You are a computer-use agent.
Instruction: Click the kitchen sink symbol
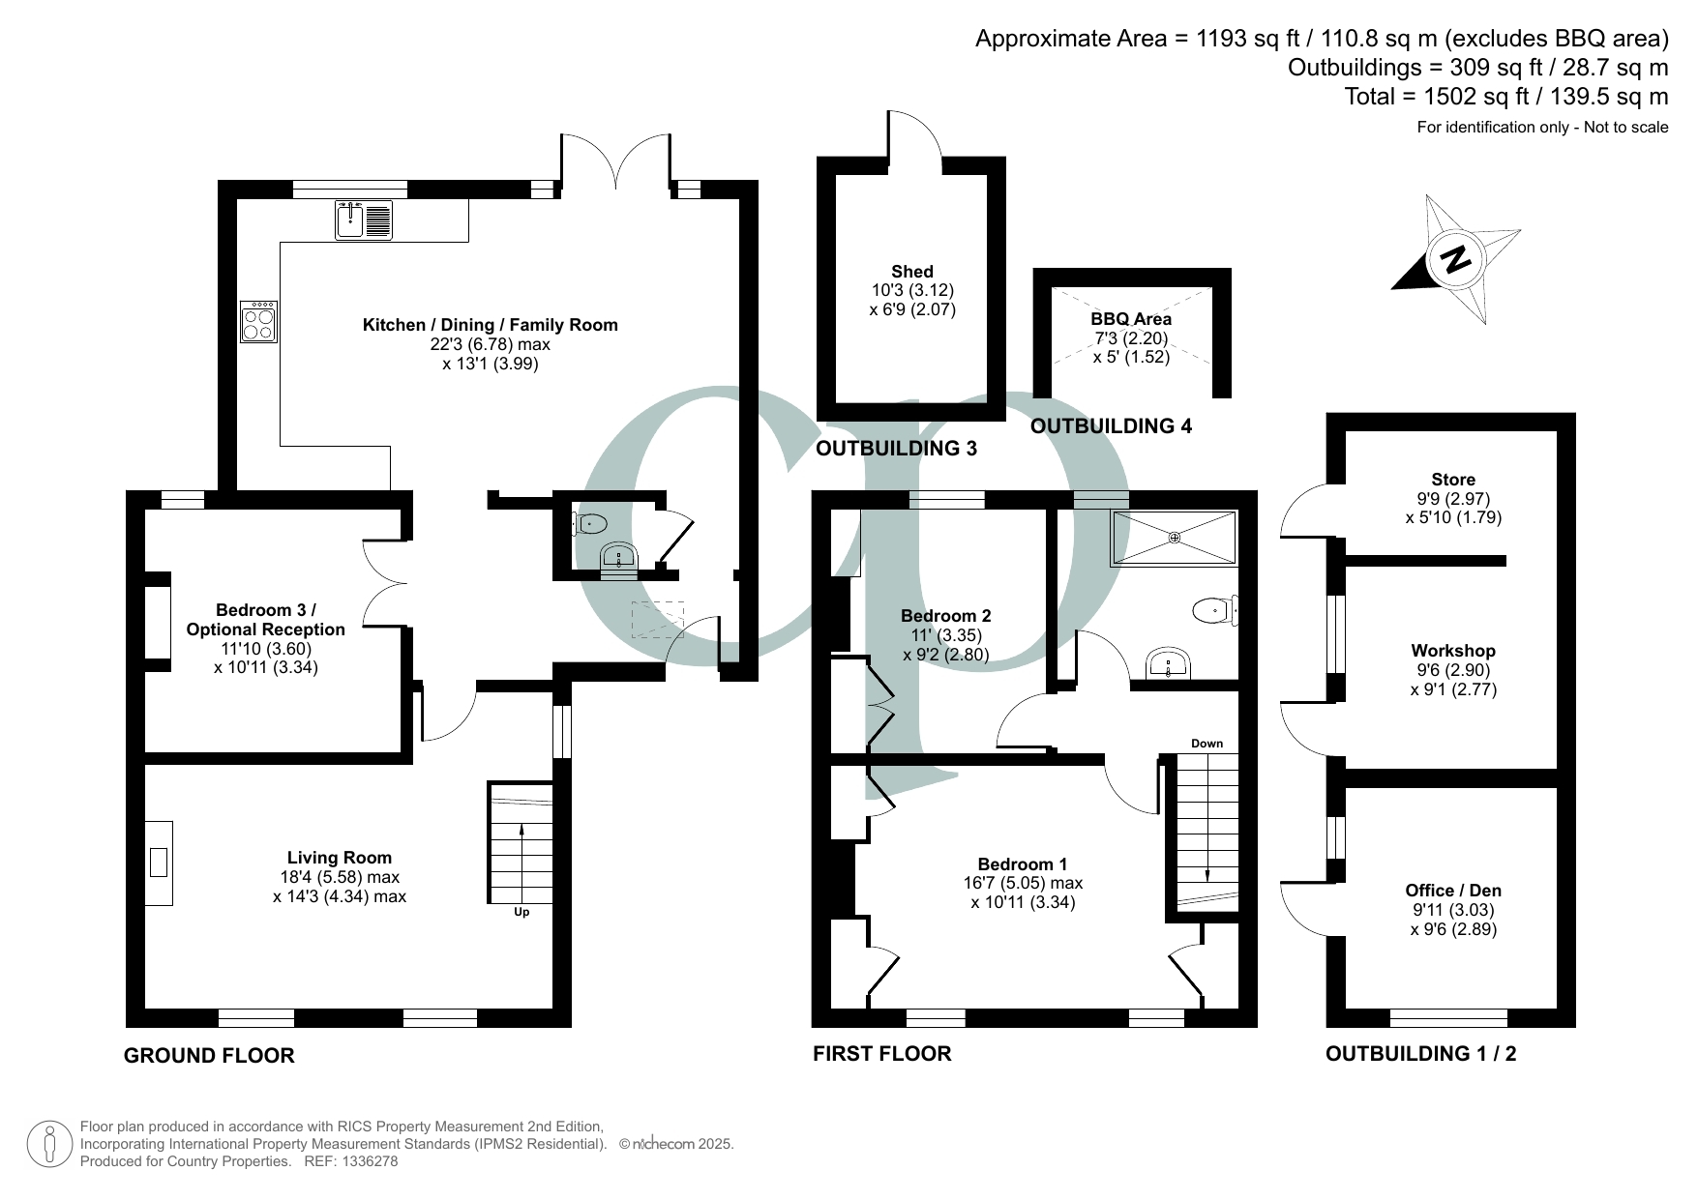coord(364,220)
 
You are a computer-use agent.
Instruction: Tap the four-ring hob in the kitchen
coord(259,321)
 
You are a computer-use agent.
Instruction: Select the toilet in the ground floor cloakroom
coord(589,524)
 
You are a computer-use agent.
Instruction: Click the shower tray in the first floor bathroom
coord(1174,538)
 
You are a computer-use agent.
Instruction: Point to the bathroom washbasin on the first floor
coord(1169,665)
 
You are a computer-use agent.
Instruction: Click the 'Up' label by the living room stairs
coord(521,912)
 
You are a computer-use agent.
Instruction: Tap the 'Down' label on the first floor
coord(1206,744)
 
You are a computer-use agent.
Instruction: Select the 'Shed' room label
coord(912,272)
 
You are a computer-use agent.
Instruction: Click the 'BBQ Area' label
coord(1131,319)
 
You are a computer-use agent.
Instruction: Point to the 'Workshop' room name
coord(1453,651)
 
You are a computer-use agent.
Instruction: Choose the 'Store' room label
coord(1453,480)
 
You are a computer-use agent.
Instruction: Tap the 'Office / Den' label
coord(1453,891)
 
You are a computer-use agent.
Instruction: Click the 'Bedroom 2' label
coord(945,616)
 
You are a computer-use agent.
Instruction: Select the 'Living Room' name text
coord(340,858)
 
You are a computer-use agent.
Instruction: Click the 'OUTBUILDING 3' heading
coord(897,449)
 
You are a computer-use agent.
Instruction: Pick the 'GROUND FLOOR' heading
coord(209,1056)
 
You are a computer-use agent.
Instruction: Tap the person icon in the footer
coord(50,1144)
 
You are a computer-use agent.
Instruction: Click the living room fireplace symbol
coord(159,863)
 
